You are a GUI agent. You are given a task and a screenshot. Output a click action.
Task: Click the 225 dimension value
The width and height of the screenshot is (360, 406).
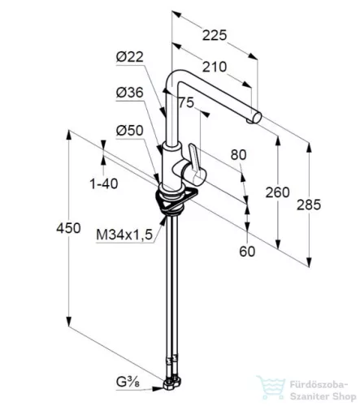[215, 35]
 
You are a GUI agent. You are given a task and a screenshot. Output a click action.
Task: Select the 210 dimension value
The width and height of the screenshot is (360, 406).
[215, 67]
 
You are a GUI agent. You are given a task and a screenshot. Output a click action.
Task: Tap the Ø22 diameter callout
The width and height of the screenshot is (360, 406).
[130, 57]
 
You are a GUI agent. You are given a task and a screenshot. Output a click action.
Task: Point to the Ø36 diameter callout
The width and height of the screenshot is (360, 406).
[130, 93]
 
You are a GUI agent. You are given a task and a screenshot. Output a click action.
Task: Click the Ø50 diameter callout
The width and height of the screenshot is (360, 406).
[130, 131]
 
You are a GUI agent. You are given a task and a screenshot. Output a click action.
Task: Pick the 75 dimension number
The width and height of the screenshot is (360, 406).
[187, 102]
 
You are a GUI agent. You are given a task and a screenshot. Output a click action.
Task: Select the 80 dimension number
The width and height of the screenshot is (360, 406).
[239, 155]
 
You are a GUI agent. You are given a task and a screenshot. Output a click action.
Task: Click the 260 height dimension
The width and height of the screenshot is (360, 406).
[277, 192]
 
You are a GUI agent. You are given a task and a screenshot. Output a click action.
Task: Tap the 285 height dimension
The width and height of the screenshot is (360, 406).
[309, 205]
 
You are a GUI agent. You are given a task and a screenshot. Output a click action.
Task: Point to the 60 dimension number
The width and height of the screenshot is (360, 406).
[247, 252]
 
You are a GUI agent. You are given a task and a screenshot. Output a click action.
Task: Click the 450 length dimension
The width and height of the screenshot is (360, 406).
[68, 228]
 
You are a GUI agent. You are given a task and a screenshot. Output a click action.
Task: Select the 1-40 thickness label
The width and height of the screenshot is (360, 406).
[104, 184]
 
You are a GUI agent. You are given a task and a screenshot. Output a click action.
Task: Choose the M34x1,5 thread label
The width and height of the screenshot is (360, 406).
[124, 235]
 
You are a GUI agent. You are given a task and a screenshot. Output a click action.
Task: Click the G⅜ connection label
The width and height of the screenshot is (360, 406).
[128, 382]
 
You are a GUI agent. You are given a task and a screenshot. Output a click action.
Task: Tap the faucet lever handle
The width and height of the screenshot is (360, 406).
[197, 164]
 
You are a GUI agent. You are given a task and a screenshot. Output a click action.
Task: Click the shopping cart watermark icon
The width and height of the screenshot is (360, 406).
[271, 387]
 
